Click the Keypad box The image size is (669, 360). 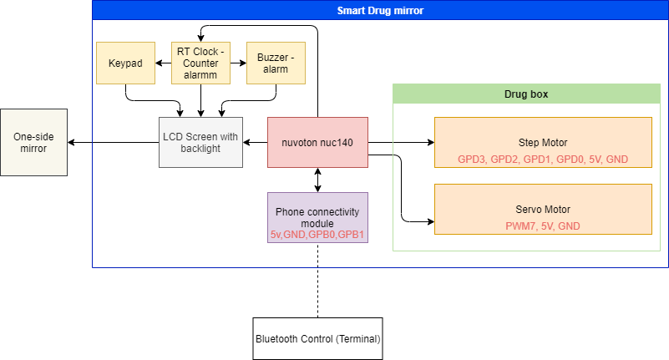(x=125, y=63)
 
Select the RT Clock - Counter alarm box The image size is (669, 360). (x=200, y=63)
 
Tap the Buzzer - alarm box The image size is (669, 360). (x=276, y=63)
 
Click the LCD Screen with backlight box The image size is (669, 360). (x=200, y=142)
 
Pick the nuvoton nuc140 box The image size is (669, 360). (x=317, y=142)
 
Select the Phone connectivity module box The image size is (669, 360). (x=317, y=217)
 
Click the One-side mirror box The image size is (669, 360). (x=33, y=142)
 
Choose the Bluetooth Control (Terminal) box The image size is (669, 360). (x=317, y=339)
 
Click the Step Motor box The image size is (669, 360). (x=543, y=142)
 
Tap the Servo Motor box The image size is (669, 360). (x=543, y=209)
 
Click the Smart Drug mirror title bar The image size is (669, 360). (x=380, y=11)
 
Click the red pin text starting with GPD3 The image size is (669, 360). (x=543, y=159)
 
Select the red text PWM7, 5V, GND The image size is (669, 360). (x=543, y=226)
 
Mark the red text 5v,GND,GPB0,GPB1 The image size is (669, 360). (x=317, y=236)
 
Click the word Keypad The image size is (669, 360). (x=125, y=63)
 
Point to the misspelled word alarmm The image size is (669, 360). (x=200, y=75)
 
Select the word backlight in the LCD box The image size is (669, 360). (x=200, y=149)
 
